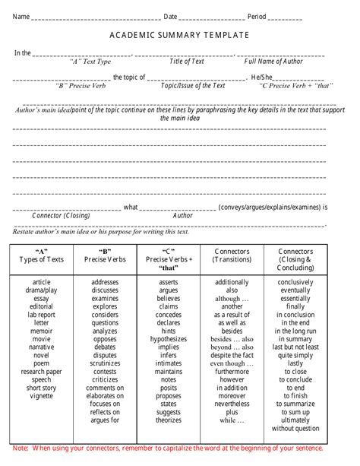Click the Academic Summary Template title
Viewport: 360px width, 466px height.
click(x=179, y=36)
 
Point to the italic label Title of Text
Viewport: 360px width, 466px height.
click(x=187, y=62)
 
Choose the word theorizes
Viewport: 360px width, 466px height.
click(x=169, y=420)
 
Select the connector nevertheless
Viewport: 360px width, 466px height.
click(x=232, y=403)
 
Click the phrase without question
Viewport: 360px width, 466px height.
click(x=295, y=428)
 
